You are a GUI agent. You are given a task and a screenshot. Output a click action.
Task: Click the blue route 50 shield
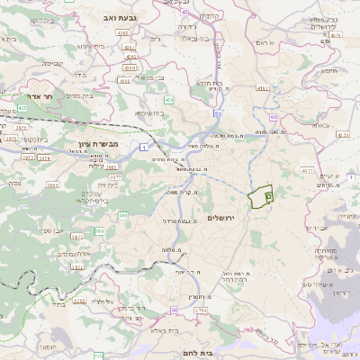point(218,114)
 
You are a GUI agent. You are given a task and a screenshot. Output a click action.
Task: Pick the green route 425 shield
point(22,108)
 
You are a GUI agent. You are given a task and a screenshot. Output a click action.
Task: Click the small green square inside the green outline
point(268,194)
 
